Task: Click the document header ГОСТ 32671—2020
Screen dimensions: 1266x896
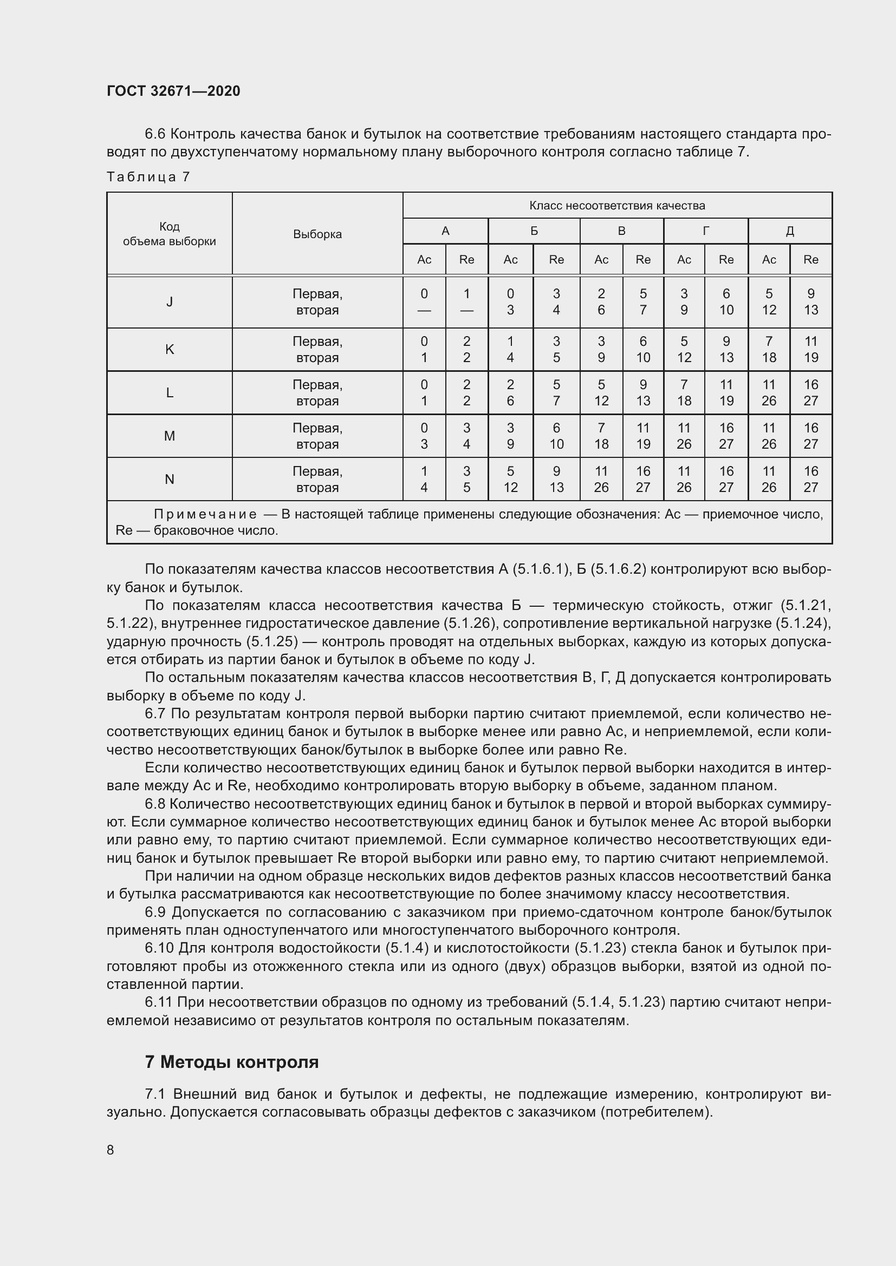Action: point(173,91)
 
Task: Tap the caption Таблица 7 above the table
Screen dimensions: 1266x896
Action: point(148,177)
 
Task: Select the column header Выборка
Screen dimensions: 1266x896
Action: point(317,234)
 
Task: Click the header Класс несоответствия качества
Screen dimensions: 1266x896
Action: point(617,206)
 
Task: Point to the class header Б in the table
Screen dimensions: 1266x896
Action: point(534,231)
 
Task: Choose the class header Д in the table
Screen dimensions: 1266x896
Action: point(789,231)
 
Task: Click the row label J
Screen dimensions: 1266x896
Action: point(170,302)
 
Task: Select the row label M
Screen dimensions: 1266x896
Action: point(170,436)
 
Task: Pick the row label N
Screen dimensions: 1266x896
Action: point(170,480)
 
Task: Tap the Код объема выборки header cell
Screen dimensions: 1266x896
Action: point(170,234)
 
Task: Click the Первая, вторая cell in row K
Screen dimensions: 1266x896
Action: point(317,350)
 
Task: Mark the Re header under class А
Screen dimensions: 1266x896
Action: point(466,260)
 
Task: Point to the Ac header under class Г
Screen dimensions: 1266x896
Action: point(684,260)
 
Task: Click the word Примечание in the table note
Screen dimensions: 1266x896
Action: point(205,514)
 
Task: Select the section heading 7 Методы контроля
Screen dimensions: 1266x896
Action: point(232,1062)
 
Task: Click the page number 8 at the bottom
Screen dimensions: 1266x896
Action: point(111,1150)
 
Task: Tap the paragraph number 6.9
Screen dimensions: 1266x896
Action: point(155,913)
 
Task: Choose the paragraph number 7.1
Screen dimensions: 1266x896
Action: point(155,1094)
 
